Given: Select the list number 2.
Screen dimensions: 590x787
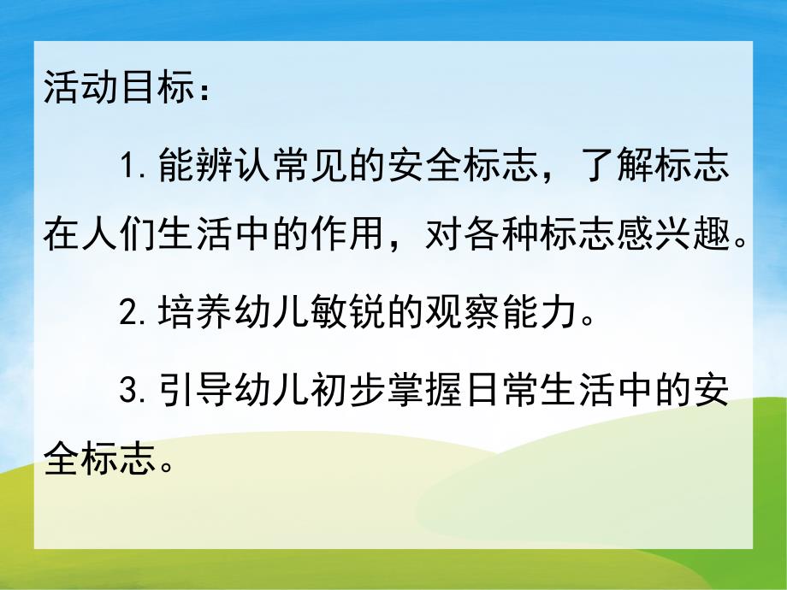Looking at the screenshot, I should click(130, 314).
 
